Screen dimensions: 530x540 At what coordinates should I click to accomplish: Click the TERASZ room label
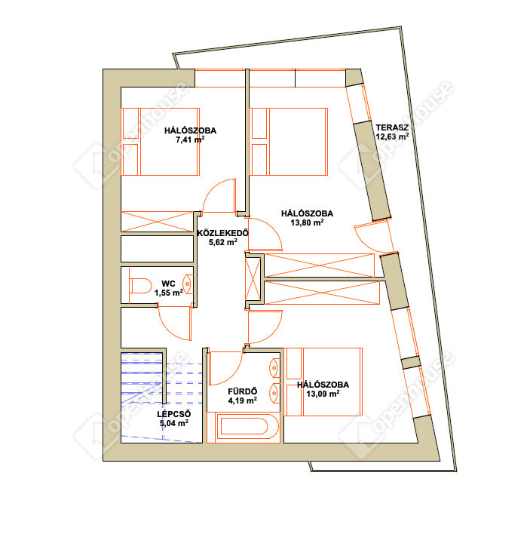(x=392, y=127)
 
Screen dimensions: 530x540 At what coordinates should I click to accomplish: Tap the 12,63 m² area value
(x=392, y=137)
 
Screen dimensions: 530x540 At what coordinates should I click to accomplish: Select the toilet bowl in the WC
(x=141, y=286)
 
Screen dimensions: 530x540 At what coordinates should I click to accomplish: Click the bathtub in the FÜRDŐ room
(x=244, y=426)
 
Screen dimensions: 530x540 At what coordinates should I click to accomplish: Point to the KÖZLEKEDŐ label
(x=222, y=233)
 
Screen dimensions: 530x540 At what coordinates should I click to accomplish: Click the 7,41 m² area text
(x=190, y=140)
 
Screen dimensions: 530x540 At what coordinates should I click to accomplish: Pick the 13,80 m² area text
(x=307, y=222)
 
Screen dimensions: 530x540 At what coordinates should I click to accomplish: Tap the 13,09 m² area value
(x=323, y=394)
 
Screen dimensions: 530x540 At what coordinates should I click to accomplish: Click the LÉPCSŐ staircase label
(x=174, y=414)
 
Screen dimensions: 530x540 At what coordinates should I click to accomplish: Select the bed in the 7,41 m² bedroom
(x=161, y=142)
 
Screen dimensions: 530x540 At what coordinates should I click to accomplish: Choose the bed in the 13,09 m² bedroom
(x=324, y=382)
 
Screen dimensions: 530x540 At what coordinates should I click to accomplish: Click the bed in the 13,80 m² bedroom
(x=289, y=142)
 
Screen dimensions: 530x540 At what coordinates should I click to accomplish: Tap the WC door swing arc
(x=169, y=329)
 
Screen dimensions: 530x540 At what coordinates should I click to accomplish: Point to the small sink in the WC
(x=187, y=284)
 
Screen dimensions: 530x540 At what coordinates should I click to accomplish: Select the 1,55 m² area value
(x=169, y=293)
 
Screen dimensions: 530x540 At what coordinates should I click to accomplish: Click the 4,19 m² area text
(x=242, y=400)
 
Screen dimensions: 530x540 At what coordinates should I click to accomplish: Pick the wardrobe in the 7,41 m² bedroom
(x=158, y=222)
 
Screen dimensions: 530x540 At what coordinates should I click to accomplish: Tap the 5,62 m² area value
(x=222, y=242)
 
